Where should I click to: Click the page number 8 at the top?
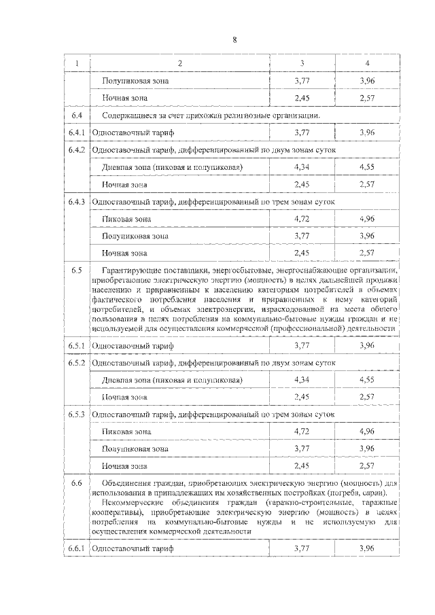[234, 39]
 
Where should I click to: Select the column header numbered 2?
[179, 63]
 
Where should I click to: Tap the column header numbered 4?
[367, 63]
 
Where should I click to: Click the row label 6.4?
[76, 115]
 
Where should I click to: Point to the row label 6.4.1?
[76, 133]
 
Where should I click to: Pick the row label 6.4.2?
[76, 150]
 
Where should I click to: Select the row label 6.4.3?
[76, 202]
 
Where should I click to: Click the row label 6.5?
[76, 271]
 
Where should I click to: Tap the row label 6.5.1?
[76, 345]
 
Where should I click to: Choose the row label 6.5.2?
[76, 362]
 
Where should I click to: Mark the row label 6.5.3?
[76, 414]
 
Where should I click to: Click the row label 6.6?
[76, 483]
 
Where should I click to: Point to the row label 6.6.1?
[76, 548]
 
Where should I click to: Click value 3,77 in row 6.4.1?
[302, 133]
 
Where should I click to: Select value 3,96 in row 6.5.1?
[367, 345]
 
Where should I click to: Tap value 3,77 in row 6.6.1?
[302, 548]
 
